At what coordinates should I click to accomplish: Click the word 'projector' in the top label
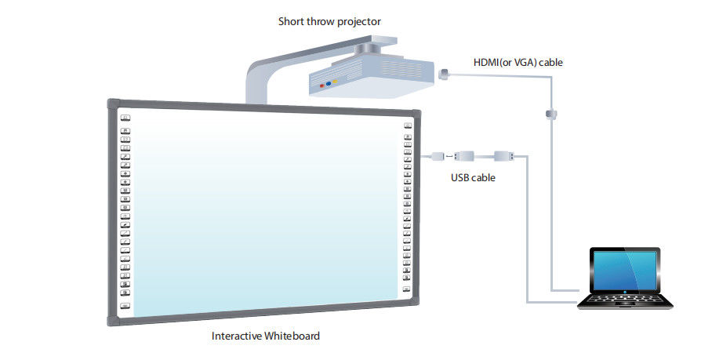[x=358, y=21]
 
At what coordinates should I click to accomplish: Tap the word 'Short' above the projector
[x=291, y=21]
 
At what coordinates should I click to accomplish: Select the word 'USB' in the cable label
[x=460, y=177]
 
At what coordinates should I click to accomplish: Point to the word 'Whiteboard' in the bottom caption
[x=293, y=336]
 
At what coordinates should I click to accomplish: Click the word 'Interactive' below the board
[x=238, y=336]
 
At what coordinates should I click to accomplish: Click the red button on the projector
[x=321, y=84]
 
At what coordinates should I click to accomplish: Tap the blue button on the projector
[x=328, y=82]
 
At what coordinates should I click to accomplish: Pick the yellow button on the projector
[x=335, y=81]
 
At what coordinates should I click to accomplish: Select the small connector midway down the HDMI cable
[x=552, y=115]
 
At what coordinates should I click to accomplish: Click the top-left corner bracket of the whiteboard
[x=113, y=104]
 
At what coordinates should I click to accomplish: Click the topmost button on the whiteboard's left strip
[x=125, y=117]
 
